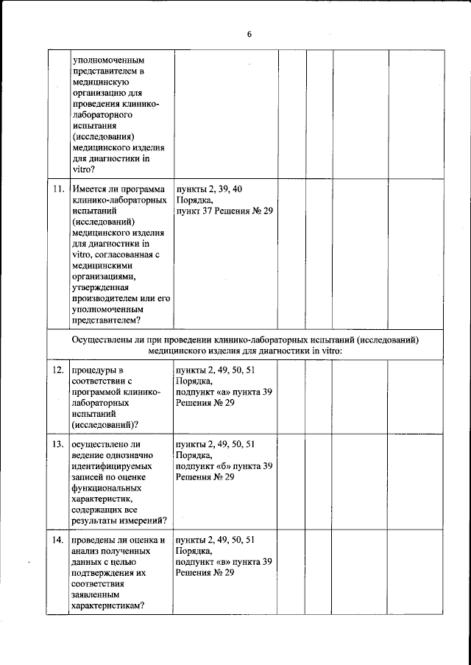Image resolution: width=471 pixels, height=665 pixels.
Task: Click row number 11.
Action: tap(59, 190)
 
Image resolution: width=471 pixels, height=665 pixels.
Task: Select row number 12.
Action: tap(59, 369)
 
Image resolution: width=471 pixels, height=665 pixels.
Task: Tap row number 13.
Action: tap(59, 445)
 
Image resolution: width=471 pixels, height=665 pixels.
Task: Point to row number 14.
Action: tap(59, 541)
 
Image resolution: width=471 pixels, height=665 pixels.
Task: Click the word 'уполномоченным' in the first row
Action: tap(107, 60)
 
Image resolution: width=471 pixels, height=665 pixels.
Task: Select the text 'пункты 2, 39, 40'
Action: tap(209, 190)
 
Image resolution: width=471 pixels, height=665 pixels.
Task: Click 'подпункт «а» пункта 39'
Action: tap(224, 392)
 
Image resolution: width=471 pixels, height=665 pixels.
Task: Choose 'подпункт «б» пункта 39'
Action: tap(224, 466)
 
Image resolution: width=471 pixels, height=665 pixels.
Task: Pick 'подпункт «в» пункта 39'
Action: tap(224, 562)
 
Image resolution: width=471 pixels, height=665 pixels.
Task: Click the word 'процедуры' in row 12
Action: tap(94, 369)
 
